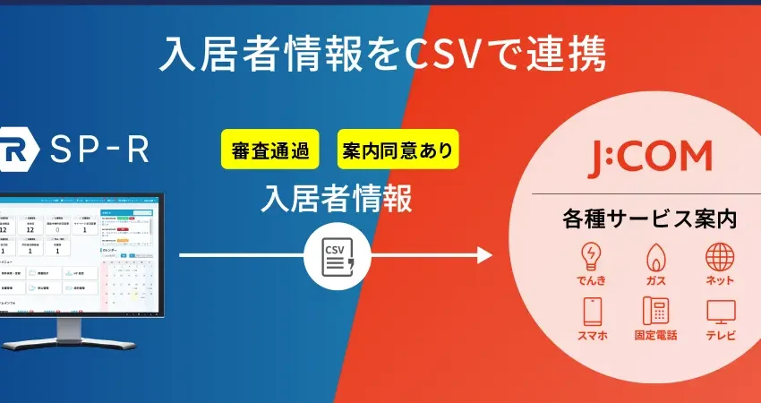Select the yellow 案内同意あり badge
click(x=398, y=150)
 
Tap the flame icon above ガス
click(x=656, y=256)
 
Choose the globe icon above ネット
click(x=720, y=256)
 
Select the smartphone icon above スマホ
click(x=592, y=312)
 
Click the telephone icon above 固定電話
click(x=656, y=312)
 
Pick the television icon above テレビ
click(x=721, y=312)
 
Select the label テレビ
click(x=721, y=336)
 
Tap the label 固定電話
click(x=656, y=336)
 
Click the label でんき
click(x=591, y=280)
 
